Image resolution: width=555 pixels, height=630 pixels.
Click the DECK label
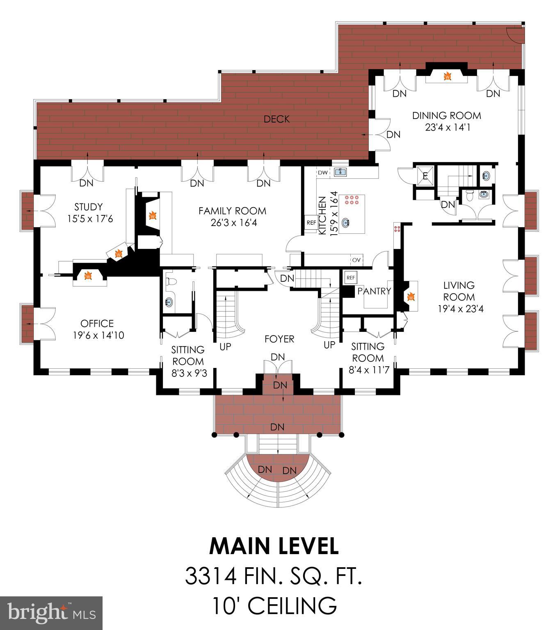point(276,119)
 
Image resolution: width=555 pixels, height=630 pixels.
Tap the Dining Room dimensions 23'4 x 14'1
point(448,127)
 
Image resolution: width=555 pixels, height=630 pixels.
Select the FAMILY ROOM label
point(232,211)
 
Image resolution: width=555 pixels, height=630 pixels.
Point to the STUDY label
point(89,207)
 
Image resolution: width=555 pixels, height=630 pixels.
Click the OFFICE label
point(97,323)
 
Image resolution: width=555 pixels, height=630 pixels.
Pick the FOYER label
point(279,339)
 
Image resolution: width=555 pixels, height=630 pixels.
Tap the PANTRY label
point(374,291)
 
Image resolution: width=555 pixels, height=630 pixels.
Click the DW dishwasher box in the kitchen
point(323,173)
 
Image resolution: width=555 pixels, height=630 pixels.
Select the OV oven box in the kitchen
point(356,260)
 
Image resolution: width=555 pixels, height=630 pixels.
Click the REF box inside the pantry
point(350,278)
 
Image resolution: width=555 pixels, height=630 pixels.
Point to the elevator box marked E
point(425,176)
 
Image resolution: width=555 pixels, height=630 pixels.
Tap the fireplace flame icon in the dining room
point(447,76)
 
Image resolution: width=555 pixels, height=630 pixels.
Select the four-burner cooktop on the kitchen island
point(352,200)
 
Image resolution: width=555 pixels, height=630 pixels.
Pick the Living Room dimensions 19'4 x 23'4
point(461,308)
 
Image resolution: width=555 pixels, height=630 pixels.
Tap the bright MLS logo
point(51,613)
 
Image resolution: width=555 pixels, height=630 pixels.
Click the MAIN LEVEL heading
point(274,546)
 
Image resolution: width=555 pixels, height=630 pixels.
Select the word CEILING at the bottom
point(293,605)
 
